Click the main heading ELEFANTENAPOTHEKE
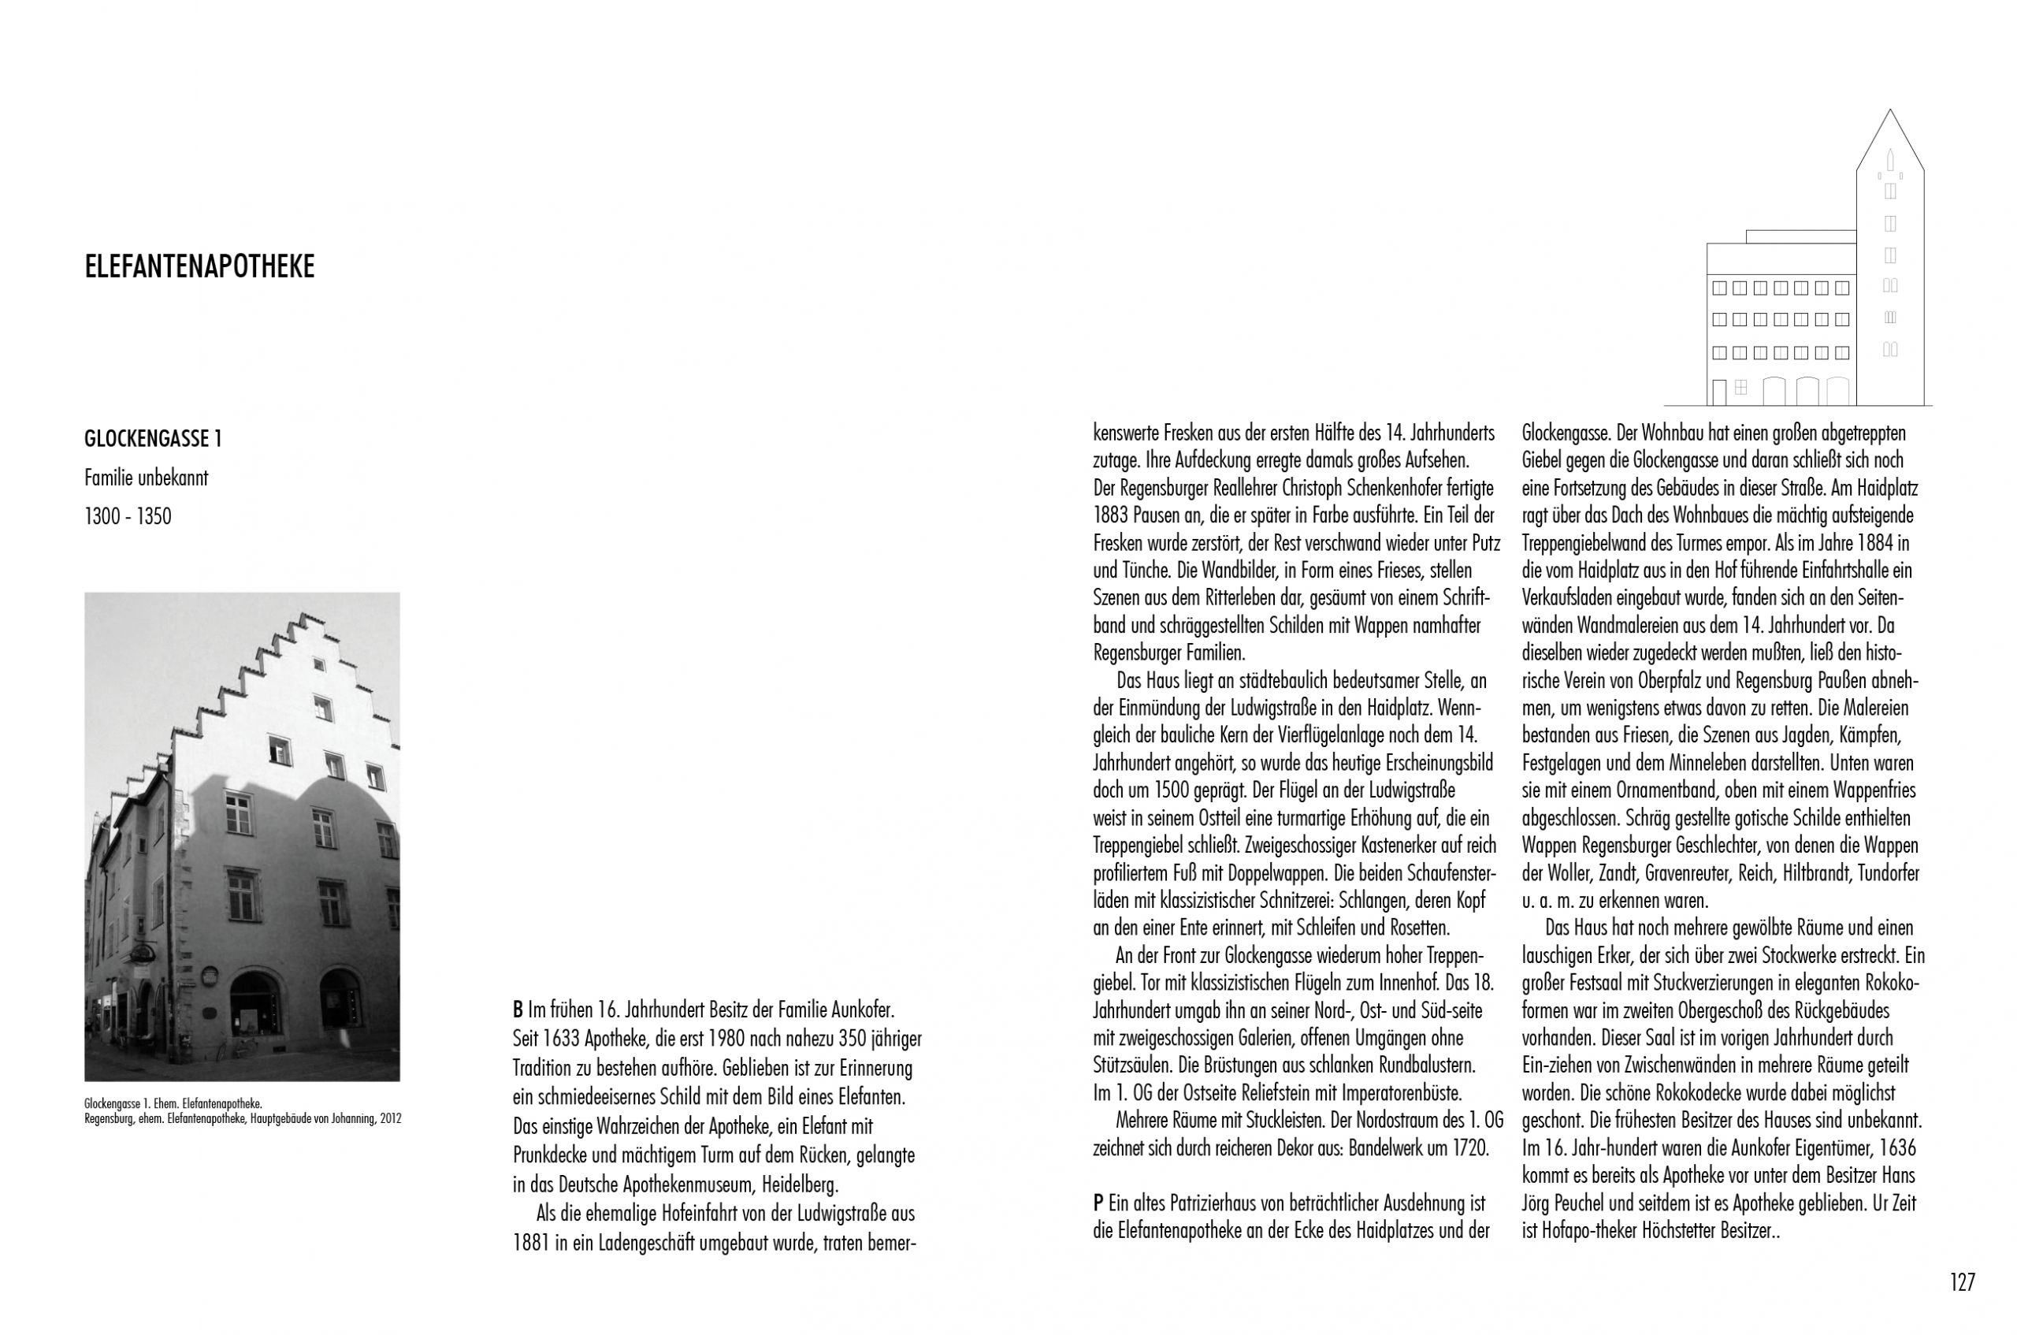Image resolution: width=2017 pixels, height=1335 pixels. coord(199,267)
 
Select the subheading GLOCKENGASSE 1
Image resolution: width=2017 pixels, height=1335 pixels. coord(152,439)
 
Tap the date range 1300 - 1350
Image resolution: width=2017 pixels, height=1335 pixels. coord(128,517)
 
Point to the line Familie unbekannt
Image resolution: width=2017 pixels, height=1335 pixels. coord(146,478)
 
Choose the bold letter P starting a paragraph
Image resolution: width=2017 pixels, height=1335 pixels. coord(1098,1204)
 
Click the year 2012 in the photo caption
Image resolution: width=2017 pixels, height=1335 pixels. coord(391,1119)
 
